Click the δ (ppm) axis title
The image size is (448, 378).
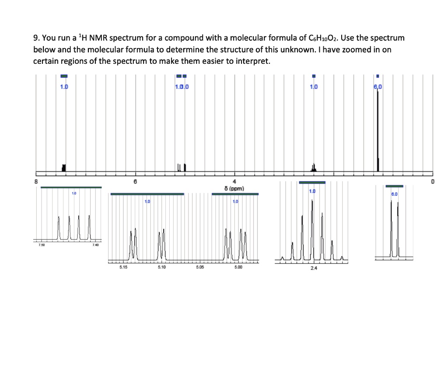point(233,189)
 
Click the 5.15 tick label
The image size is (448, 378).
point(123,267)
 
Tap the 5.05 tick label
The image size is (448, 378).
point(199,267)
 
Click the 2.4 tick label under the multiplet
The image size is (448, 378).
point(312,268)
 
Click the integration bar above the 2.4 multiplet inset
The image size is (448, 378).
point(312,182)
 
